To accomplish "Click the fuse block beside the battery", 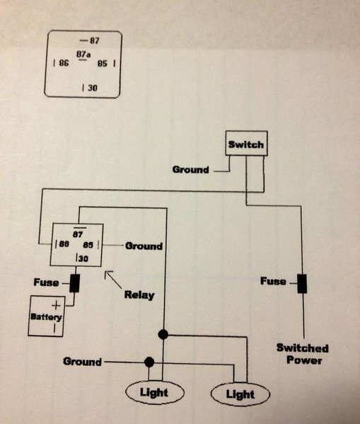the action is click(74, 283).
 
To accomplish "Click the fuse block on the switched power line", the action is click(302, 283).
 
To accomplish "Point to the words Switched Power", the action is click(303, 354).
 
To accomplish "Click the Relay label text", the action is click(139, 294).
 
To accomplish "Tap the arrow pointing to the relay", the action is click(113, 280).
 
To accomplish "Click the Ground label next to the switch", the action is click(191, 170).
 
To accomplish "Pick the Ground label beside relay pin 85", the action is click(144, 246).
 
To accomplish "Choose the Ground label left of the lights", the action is click(82, 361).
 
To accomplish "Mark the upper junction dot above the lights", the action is click(163, 335).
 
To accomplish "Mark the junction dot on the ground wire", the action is click(149, 362).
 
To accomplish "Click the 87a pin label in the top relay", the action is click(83, 55).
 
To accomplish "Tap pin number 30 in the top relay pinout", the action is click(93, 88).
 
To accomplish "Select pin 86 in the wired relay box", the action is click(64, 244).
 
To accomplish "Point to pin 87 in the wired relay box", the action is click(78, 234).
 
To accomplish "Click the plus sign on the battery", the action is click(56, 306).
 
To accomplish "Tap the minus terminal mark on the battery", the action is click(54, 328).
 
